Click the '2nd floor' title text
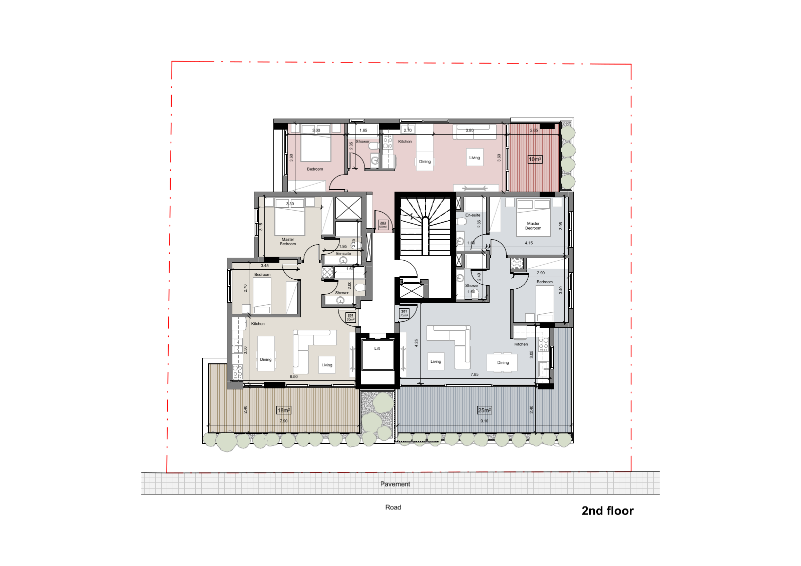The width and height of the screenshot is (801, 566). click(607, 511)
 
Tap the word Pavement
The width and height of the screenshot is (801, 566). click(395, 484)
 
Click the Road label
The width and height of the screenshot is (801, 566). click(393, 507)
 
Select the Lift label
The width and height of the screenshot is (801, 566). click(377, 348)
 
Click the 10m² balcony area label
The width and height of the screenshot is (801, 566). click(535, 160)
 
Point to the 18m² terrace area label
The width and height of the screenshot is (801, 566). click(284, 410)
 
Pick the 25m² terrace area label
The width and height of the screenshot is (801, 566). click(484, 410)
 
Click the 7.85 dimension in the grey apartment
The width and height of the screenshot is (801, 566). click(474, 374)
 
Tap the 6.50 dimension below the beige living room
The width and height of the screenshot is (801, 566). click(294, 377)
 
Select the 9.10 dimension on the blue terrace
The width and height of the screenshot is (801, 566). click(484, 421)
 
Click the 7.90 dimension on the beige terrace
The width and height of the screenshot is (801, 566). click(284, 421)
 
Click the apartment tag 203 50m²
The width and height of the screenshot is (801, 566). click(383, 225)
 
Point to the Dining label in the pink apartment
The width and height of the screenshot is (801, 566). click(425, 162)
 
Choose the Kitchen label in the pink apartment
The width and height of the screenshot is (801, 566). click(405, 142)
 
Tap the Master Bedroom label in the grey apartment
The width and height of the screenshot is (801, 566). click(533, 226)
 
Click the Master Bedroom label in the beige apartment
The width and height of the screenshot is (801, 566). click(288, 242)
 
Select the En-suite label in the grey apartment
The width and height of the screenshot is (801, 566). click(473, 215)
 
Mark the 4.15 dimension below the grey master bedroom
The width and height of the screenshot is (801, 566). click(529, 243)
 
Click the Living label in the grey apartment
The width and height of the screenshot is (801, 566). click(436, 361)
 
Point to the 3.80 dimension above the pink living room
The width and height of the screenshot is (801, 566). click(470, 131)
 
